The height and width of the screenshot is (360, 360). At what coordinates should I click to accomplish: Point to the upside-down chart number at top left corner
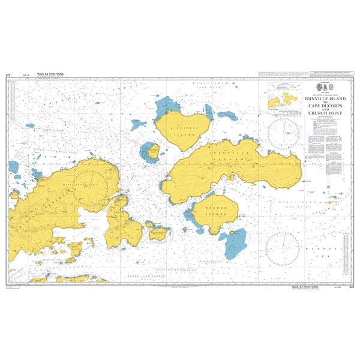8,74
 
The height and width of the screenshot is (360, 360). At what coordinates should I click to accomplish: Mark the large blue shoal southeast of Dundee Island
234,243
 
